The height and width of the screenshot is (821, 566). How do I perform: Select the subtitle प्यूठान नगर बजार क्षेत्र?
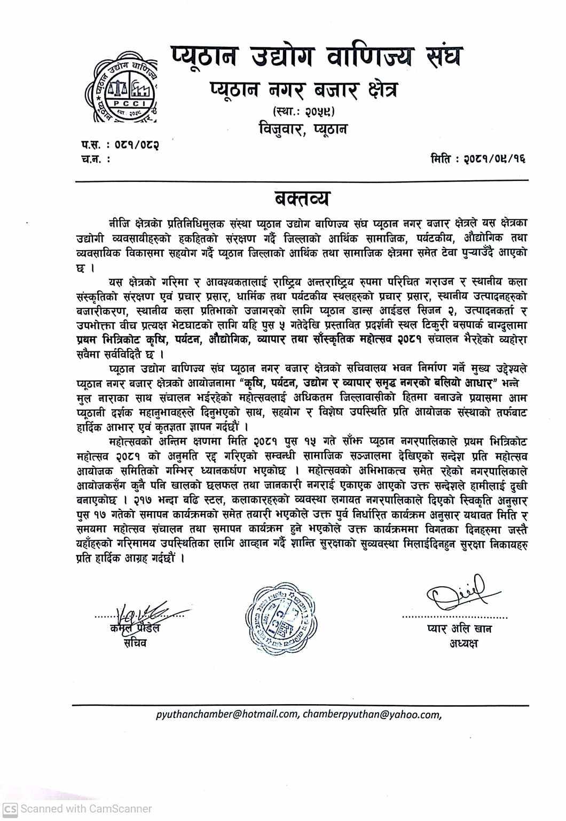click(303, 92)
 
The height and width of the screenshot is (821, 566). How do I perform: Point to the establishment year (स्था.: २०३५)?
click(303, 111)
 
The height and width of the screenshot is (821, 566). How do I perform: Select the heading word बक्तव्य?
click(302, 198)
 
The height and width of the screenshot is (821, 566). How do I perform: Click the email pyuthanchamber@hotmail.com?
click(227, 714)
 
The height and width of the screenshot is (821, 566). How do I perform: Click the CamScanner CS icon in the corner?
click(10, 809)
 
